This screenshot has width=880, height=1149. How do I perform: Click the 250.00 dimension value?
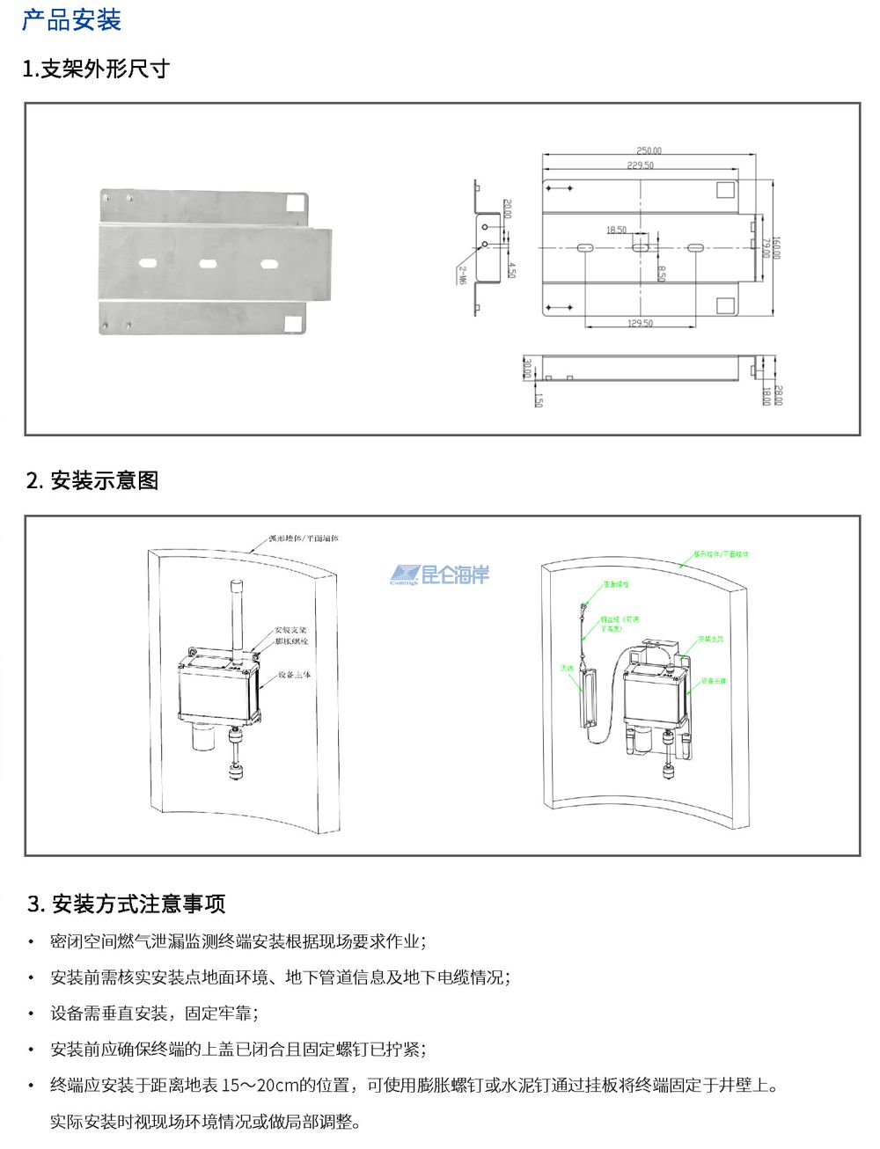coord(649,151)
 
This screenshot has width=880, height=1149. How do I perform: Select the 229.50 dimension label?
coord(640,165)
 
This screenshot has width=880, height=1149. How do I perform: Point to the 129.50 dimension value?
coord(640,324)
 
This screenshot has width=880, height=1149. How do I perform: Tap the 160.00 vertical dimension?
coord(775,248)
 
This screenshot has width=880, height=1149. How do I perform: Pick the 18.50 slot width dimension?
coord(616,231)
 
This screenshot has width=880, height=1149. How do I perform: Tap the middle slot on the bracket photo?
coord(209,263)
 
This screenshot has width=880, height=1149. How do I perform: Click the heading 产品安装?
coord(71,20)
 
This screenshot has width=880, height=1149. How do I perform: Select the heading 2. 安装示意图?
coord(92,480)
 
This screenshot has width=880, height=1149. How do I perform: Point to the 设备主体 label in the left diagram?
coord(295,675)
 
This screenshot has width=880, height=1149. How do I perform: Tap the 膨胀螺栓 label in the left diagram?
coord(291,641)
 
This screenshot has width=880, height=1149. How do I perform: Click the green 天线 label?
coord(567,669)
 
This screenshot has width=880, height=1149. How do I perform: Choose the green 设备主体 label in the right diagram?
coord(714,681)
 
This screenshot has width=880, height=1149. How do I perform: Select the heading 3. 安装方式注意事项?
coord(127,904)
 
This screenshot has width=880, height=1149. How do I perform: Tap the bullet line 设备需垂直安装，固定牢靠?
coord(154,1014)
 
